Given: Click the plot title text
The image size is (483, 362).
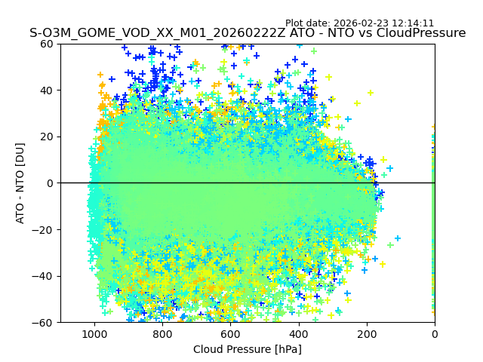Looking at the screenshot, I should pyautogui.click(x=248, y=33).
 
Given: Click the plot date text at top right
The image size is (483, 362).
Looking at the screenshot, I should pyautogui.click(x=359, y=23).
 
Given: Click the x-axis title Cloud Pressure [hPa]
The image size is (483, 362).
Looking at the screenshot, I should pyautogui.click(x=248, y=349).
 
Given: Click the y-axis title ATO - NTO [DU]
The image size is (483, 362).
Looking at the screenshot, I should pyautogui.click(x=20, y=183).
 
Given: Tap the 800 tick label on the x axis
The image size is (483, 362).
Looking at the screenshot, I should pyautogui.click(x=162, y=333).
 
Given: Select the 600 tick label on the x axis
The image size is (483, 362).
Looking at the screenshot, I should pyautogui.click(x=230, y=333).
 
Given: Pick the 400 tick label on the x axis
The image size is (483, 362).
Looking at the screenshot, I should pyautogui.click(x=299, y=333).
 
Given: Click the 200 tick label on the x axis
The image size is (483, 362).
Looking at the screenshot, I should pyautogui.click(x=367, y=333).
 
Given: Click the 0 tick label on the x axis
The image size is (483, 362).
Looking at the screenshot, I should pyautogui.click(x=435, y=333).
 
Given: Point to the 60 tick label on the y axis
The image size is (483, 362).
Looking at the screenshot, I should pyautogui.click(x=48, y=44).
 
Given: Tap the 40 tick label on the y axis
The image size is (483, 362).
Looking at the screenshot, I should pyautogui.click(x=48, y=90).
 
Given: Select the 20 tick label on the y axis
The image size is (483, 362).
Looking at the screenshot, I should pyautogui.click(x=48, y=137).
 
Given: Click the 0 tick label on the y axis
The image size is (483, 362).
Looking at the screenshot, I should pyautogui.click(x=51, y=183).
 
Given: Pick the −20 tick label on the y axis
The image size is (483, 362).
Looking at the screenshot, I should pyautogui.click(x=45, y=230).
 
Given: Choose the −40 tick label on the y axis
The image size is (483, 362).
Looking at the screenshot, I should pyautogui.click(x=45, y=276).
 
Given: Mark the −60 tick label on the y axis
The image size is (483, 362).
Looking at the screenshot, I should pyautogui.click(x=45, y=323).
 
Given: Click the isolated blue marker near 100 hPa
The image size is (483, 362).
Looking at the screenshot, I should pyautogui.click(x=398, y=238).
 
